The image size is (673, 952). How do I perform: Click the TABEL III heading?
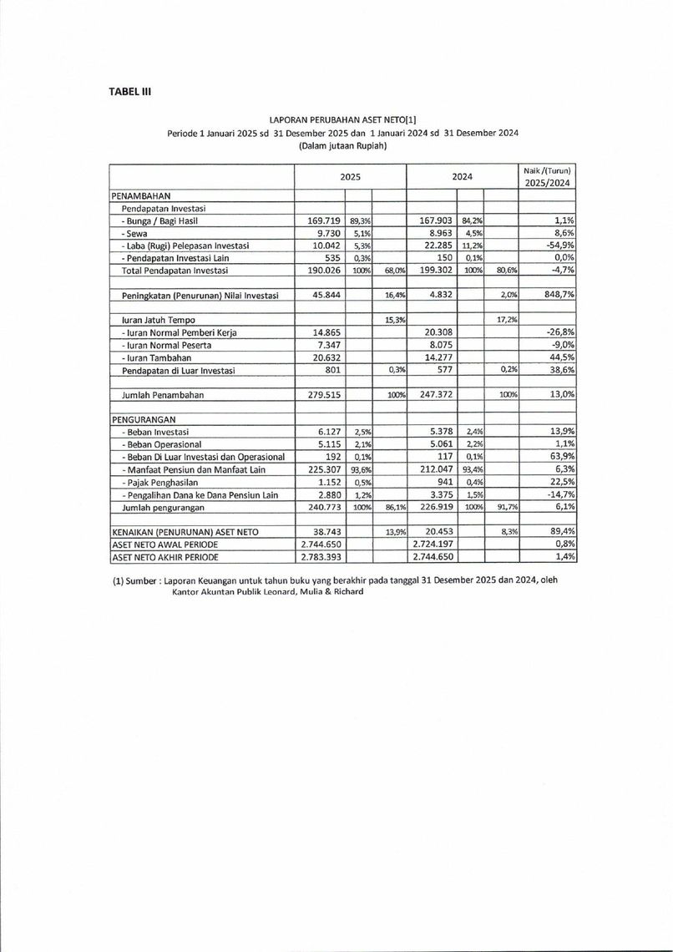(129, 91)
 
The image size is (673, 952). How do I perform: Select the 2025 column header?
(350, 176)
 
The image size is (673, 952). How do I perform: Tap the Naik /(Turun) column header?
(548, 176)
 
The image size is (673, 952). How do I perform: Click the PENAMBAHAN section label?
(141, 195)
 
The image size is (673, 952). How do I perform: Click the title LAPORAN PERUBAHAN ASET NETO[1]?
(336, 120)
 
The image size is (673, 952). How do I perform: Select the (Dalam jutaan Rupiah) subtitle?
(337, 145)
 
